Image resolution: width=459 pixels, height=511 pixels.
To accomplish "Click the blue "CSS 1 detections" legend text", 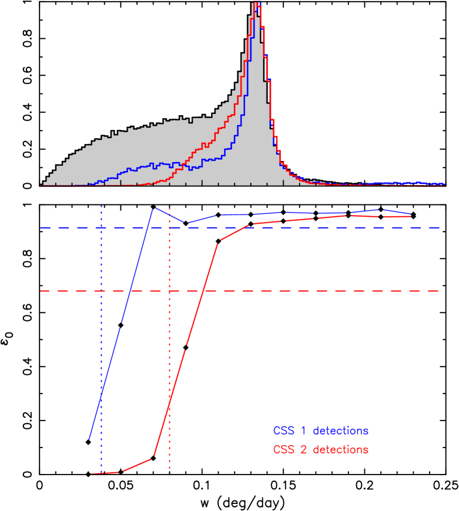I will click(x=320, y=431).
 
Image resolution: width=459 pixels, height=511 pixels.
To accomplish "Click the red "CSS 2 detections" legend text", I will click(x=320, y=449).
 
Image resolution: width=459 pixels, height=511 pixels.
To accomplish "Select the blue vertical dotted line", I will click(x=102, y=352).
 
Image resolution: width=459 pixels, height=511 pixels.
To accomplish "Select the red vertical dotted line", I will click(x=169, y=352).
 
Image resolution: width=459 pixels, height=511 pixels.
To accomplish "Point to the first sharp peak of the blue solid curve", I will click(x=154, y=209).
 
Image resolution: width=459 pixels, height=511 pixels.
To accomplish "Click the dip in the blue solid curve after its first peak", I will click(x=186, y=223).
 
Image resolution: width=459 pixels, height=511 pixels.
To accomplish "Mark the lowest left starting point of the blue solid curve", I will click(x=89, y=439).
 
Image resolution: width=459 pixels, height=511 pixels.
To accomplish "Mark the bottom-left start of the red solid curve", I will click(x=91, y=473).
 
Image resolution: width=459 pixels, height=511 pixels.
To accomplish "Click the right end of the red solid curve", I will click(x=410, y=216).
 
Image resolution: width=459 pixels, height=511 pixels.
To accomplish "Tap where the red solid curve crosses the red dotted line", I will click(x=169, y=401).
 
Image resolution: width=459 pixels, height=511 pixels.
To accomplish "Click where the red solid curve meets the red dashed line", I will click(x=202, y=291).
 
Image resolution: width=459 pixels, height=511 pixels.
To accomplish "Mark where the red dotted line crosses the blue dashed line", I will click(x=169, y=227).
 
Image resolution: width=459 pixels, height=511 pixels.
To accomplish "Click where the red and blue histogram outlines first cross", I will click(x=182, y=165).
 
